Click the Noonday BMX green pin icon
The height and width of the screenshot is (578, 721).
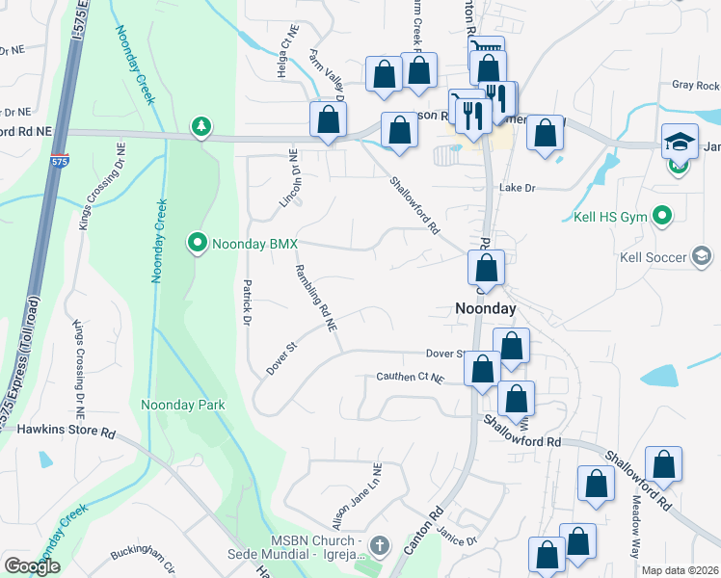pos(198,242)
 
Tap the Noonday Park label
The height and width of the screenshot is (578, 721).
pos(182,405)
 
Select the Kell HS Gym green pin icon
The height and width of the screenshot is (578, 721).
pos(662,214)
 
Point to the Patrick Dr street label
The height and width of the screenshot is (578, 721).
pos(248,302)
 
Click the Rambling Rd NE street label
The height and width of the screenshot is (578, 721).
pos(316,299)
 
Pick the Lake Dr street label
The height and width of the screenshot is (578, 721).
pos(517,188)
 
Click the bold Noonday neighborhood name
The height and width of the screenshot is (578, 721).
pos(485,308)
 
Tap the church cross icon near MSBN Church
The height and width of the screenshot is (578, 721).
pos(379,546)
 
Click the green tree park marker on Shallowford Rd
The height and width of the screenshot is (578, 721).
pos(200,126)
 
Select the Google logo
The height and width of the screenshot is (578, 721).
pos(32,566)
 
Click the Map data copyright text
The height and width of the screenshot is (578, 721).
pos(680,570)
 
